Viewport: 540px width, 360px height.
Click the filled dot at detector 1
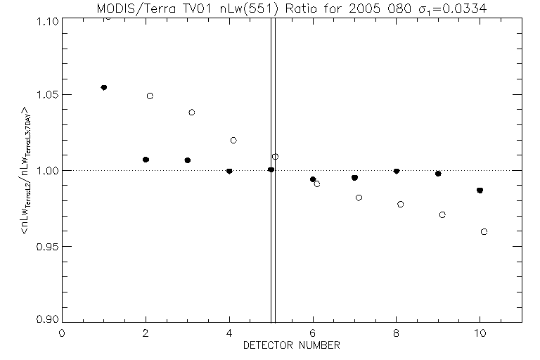point(104,87)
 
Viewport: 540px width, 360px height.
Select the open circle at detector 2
point(150,96)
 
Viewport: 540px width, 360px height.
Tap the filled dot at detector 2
point(146,160)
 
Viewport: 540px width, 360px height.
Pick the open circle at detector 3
point(192,112)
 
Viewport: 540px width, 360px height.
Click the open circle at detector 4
point(233,140)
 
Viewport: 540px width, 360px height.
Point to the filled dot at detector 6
point(313,179)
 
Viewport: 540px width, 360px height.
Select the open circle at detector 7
point(359,198)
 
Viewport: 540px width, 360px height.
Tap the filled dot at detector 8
point(397,171)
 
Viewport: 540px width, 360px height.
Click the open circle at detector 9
point(442,214)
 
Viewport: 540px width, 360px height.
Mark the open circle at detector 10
point(484,231)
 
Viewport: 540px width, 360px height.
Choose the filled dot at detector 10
point(480,190)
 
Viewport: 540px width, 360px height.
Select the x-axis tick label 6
point(313,333)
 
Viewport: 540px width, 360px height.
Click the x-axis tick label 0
point(62,333)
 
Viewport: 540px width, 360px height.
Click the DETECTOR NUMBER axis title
point(292,345)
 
